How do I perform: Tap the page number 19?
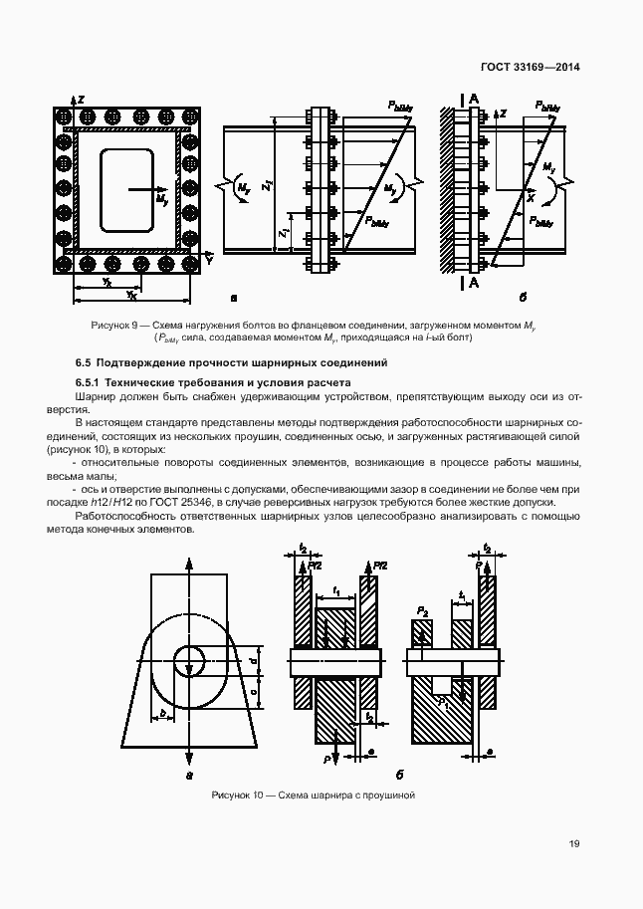click(x=574, y=843)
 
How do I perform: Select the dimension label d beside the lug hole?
click(x=254, y=660)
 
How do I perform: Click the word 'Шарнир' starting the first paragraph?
click(x=97, y=396)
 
